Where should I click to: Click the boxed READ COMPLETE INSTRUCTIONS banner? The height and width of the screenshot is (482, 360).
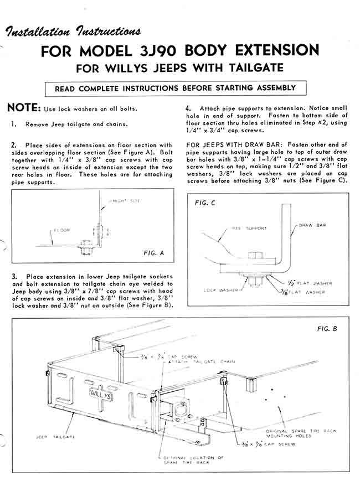[175, 88]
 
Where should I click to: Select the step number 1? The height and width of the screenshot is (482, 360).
[13, 124]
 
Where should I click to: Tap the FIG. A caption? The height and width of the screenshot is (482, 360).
[155, 252]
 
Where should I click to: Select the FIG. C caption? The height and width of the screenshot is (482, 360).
[205, 203]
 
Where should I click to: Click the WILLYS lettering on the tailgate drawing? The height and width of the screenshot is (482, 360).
[97, 395]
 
